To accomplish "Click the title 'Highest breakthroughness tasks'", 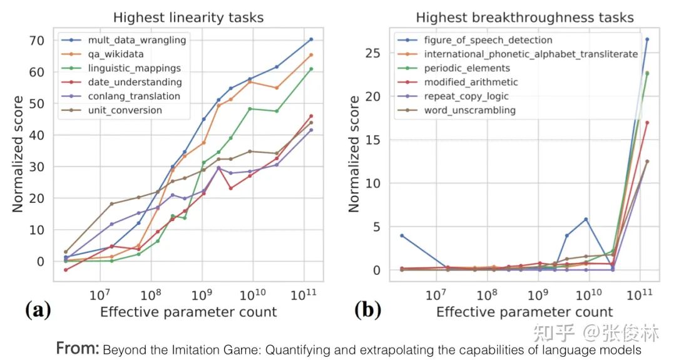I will (x=525, y=18).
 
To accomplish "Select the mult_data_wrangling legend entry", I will (x=136, y=40).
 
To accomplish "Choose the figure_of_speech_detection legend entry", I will (x=488, y=40).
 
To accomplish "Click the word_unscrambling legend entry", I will (x=469, y=110).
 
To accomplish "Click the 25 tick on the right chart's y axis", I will (x=373, y=53).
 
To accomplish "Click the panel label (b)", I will (x=367, y=309).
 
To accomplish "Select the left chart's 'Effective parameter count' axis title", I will (x=188, y=311).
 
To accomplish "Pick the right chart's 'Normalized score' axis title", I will (x=355, y=154).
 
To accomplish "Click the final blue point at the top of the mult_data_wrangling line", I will (x=311, y=39).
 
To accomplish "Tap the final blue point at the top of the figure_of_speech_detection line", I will (x=647, y=39).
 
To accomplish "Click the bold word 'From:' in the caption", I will (x=77, y=348).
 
